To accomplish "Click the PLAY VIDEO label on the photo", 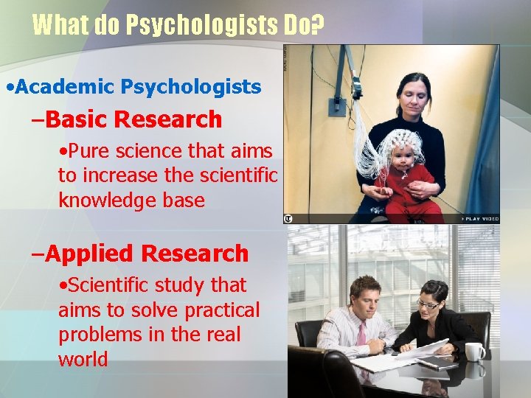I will [x=481, y=218].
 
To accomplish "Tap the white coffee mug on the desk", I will [x=474, y=352].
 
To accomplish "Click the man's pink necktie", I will [x=362, y=336].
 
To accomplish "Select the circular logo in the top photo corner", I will [x=288, y=218].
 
